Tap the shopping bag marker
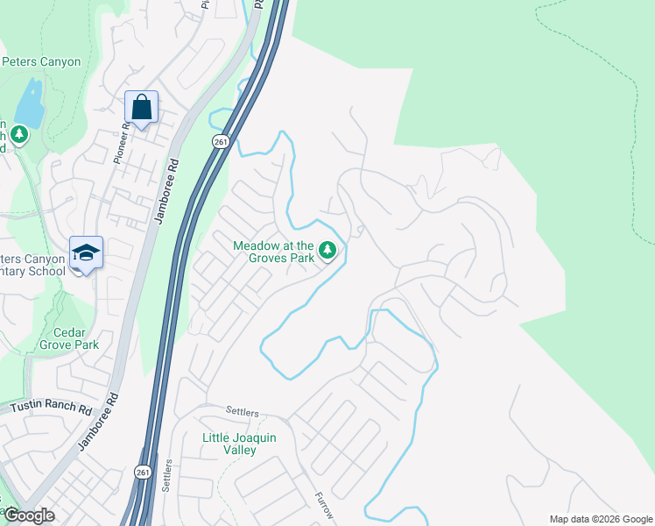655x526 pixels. pos(141,108)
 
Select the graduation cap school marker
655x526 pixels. pos(86,252)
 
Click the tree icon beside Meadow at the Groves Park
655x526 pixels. pos(327,252)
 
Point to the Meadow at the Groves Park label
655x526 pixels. pos(272,252)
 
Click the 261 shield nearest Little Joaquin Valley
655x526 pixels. pos(143,472)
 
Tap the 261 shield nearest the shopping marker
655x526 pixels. pos(220,141)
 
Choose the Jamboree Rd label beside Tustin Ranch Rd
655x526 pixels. pos(97,422)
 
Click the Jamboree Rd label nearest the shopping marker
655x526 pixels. pos(166,191)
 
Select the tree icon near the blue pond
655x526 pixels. pos(19,134)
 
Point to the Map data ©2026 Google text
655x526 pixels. pos(600,518)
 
